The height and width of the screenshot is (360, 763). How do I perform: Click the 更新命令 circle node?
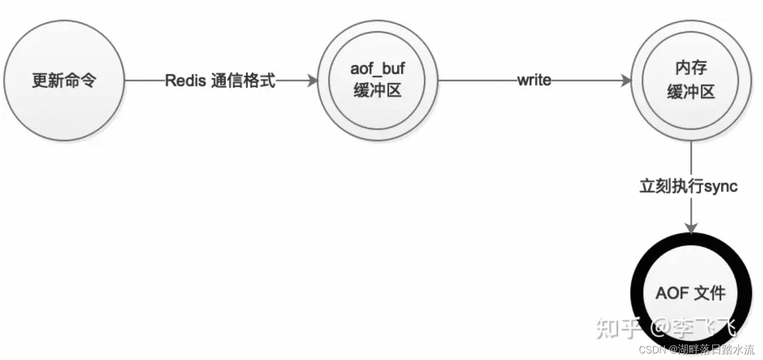click(x=64, y=81)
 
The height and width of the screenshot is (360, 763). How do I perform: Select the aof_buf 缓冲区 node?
click(x=377, y=81)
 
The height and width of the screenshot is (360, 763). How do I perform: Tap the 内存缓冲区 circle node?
click(x=691, y=81)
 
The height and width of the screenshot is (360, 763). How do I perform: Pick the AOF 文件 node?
click(x=691, y=293)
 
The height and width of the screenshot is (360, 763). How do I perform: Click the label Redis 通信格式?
click(x=220, y=81)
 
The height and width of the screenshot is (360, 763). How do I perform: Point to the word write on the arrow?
click(x=534, y=81)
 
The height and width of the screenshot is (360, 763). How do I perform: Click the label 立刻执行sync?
click(x=689, y=187)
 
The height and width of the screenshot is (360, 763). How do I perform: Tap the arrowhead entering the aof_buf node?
click(x=313, y=81)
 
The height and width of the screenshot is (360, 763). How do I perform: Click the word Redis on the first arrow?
click(x=185, y=81)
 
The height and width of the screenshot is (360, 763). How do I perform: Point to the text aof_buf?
click(x=377, y=70)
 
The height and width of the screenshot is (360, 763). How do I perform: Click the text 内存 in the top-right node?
click(x=691, y=69)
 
